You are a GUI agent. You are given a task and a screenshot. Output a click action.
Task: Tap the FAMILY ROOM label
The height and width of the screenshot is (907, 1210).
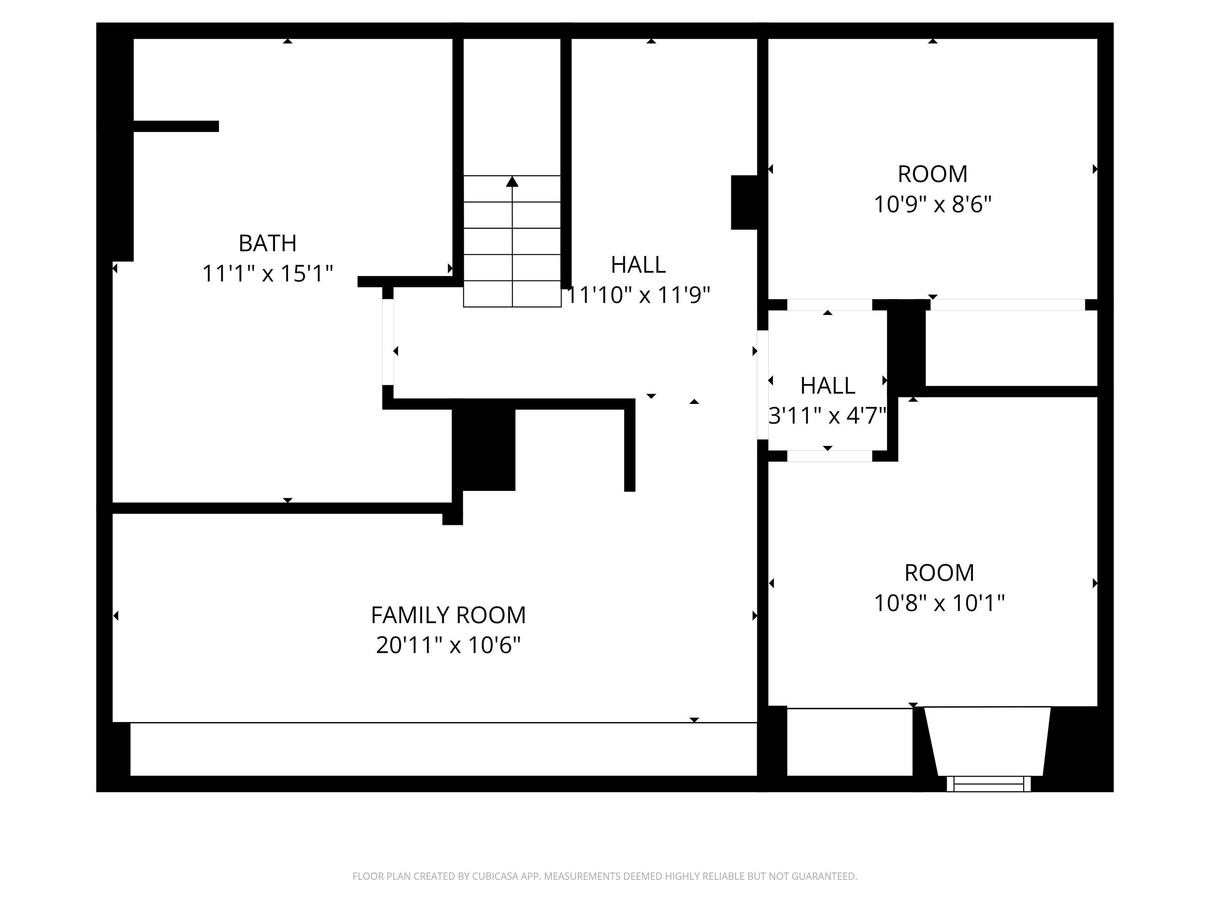448,615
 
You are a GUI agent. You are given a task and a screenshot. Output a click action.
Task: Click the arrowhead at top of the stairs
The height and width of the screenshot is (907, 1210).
512,181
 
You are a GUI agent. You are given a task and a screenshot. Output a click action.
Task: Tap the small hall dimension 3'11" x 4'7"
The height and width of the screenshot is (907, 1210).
827,416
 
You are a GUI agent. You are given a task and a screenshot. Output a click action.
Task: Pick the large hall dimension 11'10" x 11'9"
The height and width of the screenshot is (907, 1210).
638,295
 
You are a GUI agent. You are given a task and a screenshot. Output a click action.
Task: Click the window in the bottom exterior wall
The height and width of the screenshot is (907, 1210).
989,784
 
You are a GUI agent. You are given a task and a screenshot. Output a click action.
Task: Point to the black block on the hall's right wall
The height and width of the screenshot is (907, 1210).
744,202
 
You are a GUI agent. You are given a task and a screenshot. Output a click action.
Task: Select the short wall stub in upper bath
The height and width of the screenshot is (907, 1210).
176,126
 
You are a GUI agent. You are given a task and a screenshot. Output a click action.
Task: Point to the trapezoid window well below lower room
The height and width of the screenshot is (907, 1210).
987,741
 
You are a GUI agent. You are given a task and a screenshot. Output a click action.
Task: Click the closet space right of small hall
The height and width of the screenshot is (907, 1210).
1011,348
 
